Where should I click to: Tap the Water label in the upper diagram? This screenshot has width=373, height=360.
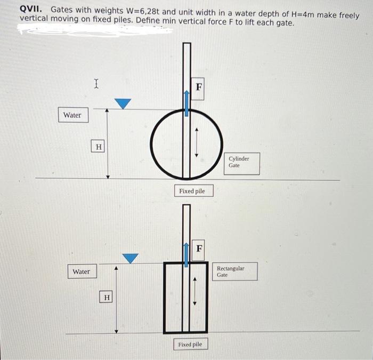(x=72, y=115)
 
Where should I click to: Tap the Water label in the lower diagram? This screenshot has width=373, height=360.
(x=82, y=271)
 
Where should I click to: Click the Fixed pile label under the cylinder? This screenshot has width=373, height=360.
(x=192, y=191)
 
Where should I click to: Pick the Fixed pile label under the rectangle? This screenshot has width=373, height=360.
(x=190, y=345)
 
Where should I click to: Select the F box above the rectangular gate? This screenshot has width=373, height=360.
(x=199, y=248)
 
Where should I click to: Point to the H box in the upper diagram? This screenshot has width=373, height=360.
(x=99, y=146)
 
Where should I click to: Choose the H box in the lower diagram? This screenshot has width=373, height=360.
(x=107, y=297)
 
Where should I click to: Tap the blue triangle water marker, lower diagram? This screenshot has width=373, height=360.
(x=131, y=258)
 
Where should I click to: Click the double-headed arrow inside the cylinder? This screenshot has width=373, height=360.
(x=197, y=141)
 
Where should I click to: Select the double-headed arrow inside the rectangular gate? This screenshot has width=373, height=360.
(x=194, y=291)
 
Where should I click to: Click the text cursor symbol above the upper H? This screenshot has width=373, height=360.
(x=96, y=83)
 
